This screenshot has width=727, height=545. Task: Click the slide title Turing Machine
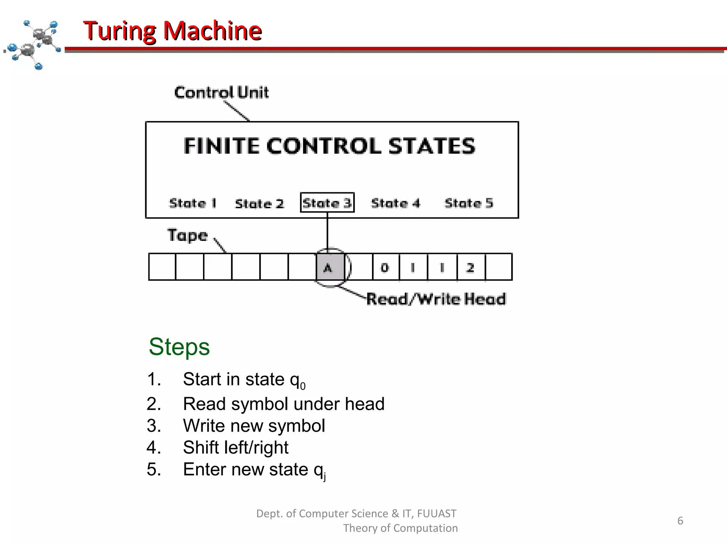[173, 31]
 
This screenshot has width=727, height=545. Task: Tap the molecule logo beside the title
[34, 44]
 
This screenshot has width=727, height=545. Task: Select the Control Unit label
[221, 93]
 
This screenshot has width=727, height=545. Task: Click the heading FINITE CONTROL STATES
[329, 146]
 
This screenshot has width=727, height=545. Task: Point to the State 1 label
[193, 203]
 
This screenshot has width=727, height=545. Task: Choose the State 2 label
[259, 204]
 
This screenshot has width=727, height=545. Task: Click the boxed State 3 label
[327, 203]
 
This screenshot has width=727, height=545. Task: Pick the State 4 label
[395, 203]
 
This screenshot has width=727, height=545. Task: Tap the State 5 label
[469, 203]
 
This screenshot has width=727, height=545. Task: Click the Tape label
[187, 235]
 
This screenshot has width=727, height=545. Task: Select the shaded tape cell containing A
[330, 267]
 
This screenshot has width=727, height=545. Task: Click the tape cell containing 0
[386, 267]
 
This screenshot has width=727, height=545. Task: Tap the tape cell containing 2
[471, 267]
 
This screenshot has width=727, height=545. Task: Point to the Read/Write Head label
[436, 299]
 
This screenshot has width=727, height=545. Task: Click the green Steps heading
[179, 347]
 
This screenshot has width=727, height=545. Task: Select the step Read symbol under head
[283, 404]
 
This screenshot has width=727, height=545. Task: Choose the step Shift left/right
[235, 447]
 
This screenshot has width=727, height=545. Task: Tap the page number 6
[680, 521]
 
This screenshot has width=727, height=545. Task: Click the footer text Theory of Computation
[400, 528]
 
